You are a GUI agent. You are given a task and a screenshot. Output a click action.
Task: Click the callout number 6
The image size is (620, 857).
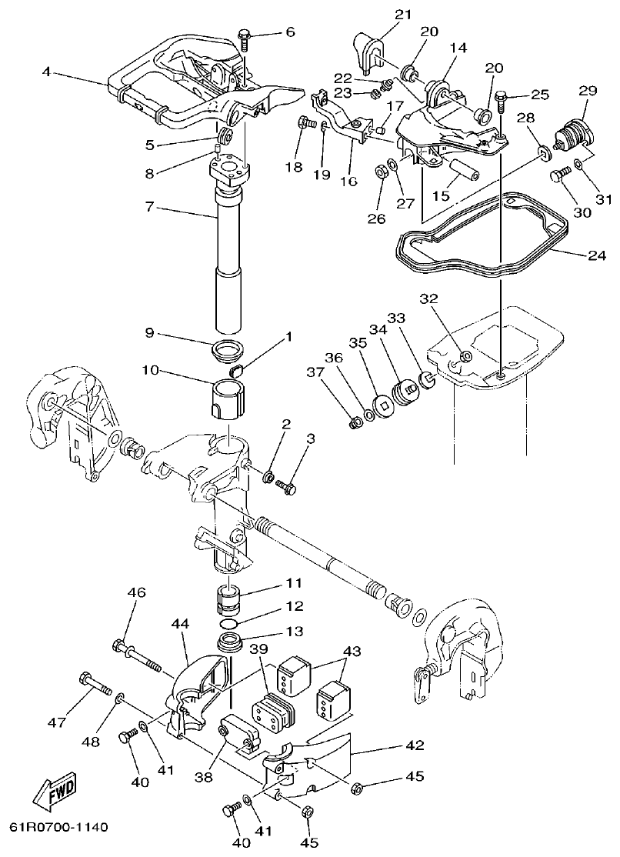pos(289,32)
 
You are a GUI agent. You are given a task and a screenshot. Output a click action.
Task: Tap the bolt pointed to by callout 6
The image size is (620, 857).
pos(244,36)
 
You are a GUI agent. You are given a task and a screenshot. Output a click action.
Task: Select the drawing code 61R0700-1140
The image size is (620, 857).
pos(58,828)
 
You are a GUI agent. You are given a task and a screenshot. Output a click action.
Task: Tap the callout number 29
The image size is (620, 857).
pos(588,92)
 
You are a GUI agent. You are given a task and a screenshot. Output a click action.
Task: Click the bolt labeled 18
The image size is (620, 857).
pos(305,122)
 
